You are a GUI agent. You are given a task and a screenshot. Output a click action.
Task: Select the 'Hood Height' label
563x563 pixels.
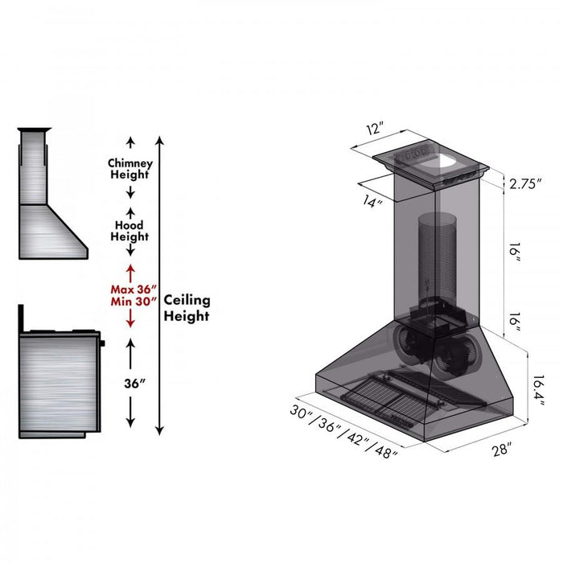tap(129, 231)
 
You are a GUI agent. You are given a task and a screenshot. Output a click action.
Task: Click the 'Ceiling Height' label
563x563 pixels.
tap(187, 307)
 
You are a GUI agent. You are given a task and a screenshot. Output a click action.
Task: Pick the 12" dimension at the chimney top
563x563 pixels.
tap(374, 129)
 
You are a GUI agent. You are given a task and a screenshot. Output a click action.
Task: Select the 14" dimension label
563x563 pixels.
tap(372, 203)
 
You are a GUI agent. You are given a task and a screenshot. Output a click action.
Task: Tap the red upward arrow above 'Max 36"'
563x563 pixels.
tap(129, 270)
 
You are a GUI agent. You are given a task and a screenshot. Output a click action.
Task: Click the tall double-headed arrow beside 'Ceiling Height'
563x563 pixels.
tap(160, 285)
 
